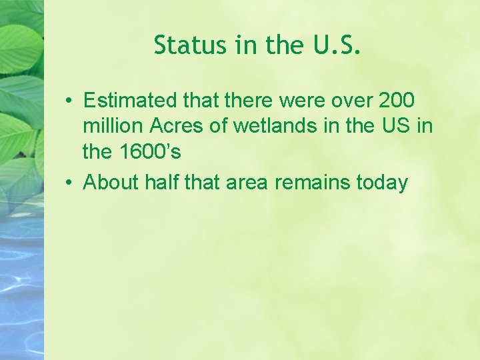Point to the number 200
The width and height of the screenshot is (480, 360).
[x=396, y=101]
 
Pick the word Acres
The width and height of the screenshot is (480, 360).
[x=173, y=127]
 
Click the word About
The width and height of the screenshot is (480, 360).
[x=108, y=182]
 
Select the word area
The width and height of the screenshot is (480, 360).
[x=247, y=182]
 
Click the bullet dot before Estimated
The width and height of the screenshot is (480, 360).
[x=69, y=101]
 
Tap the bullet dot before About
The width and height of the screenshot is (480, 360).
[x=69, y=183]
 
